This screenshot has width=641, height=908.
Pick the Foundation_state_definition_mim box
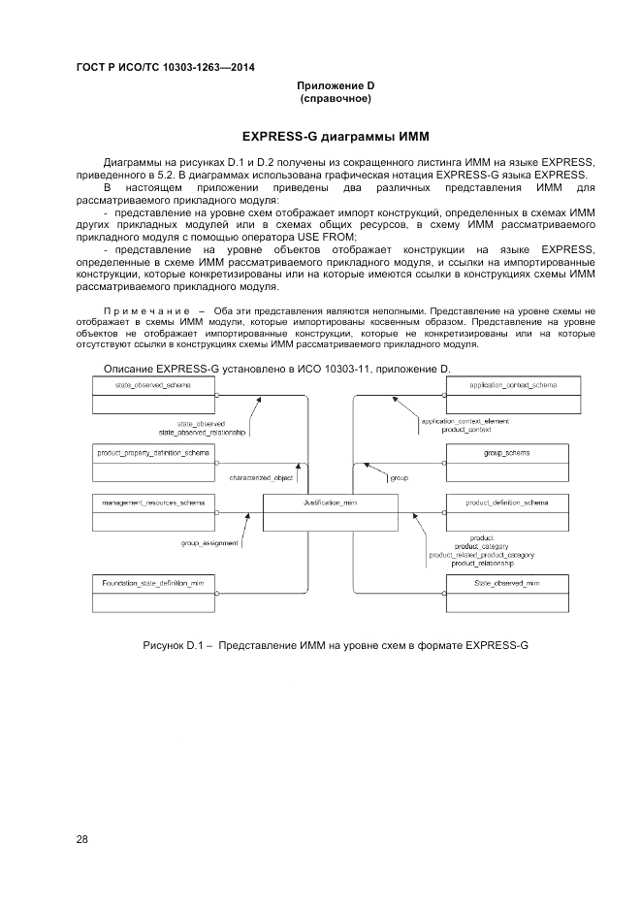click(x=152, y=594)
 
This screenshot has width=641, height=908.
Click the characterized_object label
click(x=262, y=478)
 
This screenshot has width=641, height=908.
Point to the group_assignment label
click(x=209, y=543)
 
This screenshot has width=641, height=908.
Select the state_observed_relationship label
click(x=203, y=432)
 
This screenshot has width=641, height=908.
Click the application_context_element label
click(x=465, y=421)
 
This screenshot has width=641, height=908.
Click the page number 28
click(x=82, y=839)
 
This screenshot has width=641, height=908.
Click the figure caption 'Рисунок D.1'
click(x=335, y=645)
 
